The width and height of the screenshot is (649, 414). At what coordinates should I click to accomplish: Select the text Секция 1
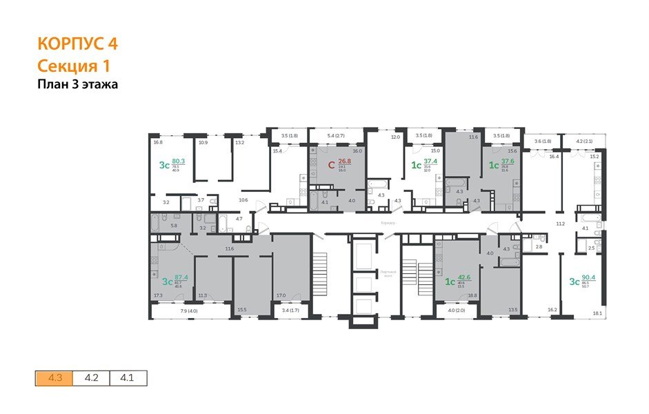pos(73,66)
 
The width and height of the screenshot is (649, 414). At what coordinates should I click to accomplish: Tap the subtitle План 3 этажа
pos(77,85)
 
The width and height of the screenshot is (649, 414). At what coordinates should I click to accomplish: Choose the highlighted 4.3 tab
pos(54,377)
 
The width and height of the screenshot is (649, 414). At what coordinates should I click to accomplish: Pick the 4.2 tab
pos(91,377)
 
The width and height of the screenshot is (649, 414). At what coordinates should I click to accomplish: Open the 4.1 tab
pos(128,377)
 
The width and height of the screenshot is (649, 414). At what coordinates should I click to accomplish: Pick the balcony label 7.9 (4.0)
pos(170,310)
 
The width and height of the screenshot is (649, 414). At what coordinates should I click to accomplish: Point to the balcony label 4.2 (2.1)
pos(584,141)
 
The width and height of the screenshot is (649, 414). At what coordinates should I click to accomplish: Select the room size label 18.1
pos(597,313)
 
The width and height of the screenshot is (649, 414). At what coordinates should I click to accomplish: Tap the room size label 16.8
pos(158,142)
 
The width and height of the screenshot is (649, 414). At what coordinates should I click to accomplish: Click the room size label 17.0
pos(281,295)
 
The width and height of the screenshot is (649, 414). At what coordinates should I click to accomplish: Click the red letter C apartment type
pos(330,164)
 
